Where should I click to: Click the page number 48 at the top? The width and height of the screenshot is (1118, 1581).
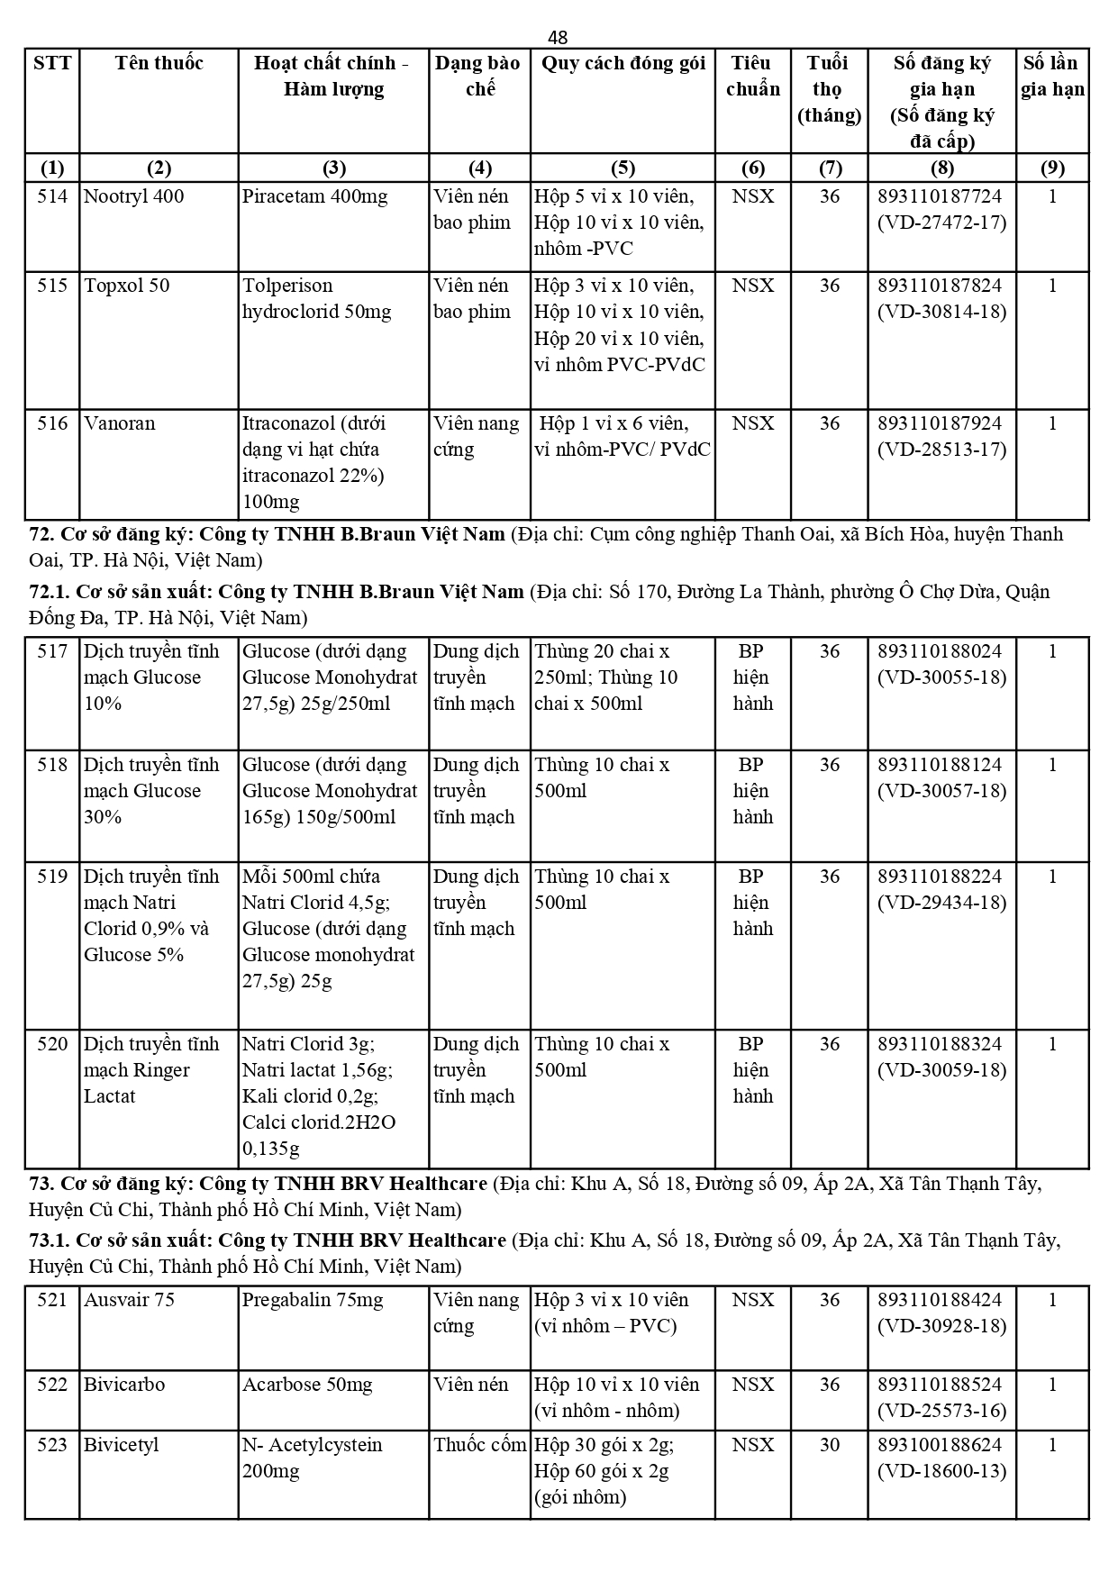click(558, 37)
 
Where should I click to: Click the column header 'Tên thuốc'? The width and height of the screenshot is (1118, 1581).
click(159, 63)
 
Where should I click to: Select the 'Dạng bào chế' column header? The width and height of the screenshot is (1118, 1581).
click(478, 76)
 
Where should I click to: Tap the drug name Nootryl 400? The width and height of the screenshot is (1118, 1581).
click(133, 196)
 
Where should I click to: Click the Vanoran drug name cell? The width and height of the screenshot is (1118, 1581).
click(119, 423)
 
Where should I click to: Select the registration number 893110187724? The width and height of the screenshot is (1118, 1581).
click(940, 196)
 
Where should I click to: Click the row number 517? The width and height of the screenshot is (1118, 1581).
click(52, 651)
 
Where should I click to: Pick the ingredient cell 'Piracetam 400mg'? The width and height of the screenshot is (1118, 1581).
click(314, 196)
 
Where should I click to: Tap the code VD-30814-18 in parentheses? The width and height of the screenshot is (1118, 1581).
click(941, 313)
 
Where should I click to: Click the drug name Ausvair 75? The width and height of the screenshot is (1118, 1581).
click(129, 1300)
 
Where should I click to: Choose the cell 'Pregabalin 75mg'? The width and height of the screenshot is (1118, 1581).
click(312, 1300)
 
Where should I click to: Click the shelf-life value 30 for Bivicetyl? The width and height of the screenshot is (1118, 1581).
click(829, 1445)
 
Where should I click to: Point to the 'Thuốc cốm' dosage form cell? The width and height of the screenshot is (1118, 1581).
click(479, 1445)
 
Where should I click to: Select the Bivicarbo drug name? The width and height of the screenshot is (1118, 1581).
click(124, 1385)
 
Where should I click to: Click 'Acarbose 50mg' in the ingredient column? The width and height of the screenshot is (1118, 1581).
click(306, 1385)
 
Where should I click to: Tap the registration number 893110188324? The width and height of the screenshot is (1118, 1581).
click(940, 1044)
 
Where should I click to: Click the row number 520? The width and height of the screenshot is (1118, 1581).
click(52, 1044)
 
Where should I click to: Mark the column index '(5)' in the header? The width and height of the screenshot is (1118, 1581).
click(623, 168)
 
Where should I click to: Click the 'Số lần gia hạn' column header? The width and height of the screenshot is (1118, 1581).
click(1051, 76)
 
